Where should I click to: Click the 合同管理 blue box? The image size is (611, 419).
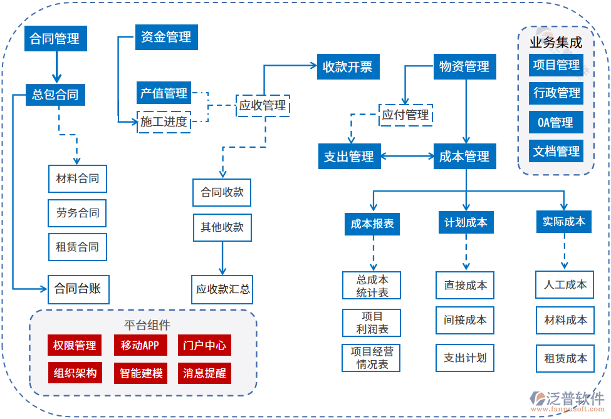click(x=55, y=39)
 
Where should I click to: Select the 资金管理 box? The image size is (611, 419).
click(x=166, y=37)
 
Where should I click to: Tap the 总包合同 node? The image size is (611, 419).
click(x=55, y=95)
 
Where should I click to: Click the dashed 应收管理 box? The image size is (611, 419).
click(x=263, y=106)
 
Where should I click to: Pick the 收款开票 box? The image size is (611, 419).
click(x=347, y=66)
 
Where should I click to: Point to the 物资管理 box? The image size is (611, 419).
click(x=464, y=66)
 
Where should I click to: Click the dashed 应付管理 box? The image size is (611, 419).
click(x=405, y=115)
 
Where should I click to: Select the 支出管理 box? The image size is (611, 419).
click(x=348, y=157)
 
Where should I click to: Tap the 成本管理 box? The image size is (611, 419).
click(x=464, y=157)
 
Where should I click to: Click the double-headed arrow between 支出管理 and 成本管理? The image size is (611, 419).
click(x=406, y=157)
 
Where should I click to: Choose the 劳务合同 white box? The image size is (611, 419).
click(x=78, y=213)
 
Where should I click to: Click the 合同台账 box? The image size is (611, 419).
click(x=78, y=289)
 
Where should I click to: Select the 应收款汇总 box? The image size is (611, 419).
click(x=222, y=289)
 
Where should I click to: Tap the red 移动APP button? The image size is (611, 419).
click(x=140, y=345)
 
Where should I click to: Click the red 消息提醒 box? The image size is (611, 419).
click(x=204, y=373)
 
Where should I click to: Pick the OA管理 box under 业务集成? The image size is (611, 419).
click(x=555, y=122)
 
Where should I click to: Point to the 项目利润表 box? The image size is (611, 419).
click(x=372, y=323)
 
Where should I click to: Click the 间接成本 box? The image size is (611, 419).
click(x=465, y=320)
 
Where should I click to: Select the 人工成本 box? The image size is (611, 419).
click(x=565, y=285)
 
